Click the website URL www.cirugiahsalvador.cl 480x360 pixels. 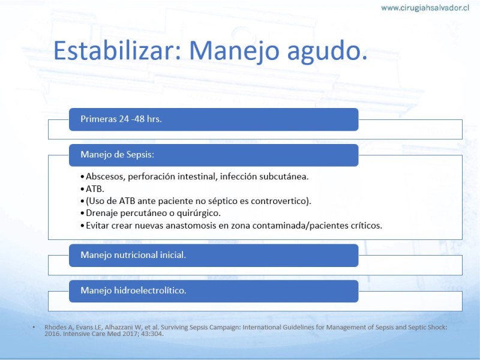[425, 8]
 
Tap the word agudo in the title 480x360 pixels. [327, 52]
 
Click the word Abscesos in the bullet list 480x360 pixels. [106, 176]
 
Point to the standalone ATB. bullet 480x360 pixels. [95, 189]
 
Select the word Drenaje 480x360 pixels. [102, 214]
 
